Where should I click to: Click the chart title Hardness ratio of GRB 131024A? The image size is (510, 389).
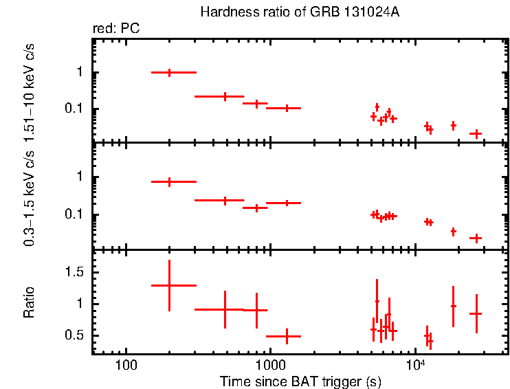[x=300, y=12]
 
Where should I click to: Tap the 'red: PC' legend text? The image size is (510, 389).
[x=117, y=29]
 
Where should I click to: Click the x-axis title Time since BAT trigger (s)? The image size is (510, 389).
[x=300, y=381]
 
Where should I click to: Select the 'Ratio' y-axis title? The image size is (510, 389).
[x=29, y=303]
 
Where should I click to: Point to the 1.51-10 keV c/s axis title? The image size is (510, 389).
[x=29, y=93]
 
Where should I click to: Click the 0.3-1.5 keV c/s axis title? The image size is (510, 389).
[x=29, y=199]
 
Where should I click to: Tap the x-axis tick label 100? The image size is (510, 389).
[x=126, y=364]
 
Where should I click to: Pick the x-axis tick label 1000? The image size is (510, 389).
[x=271, y=364]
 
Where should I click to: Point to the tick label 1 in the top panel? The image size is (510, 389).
[x=80, y=72]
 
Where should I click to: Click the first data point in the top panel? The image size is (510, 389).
[x=169, y=72]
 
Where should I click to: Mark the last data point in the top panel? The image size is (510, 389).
[x=476, y=133]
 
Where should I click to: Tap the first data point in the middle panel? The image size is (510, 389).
[x=169, y=182]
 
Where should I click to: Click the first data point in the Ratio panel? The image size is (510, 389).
[x=169, y=285]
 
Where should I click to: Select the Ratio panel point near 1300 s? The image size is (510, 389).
[x=287, y=336]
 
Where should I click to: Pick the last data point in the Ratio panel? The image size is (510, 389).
[x=476, y=313]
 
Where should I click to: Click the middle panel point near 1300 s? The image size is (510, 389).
[x=287, y=203]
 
